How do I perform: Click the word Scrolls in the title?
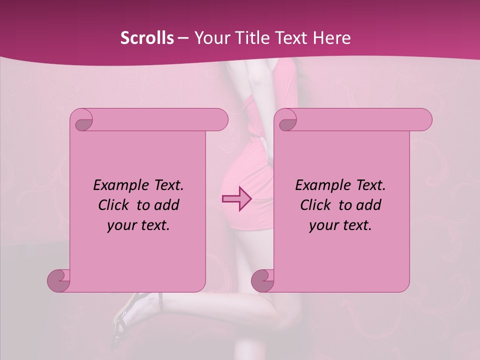[x=147, y=38]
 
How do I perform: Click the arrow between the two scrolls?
[x=236, y=199]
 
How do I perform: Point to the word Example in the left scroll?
[x=118, y=185]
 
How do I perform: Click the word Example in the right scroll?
[x=320, y=185]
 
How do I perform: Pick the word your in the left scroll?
[x=120, y=225]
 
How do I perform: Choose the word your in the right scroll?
[x=322, y=225]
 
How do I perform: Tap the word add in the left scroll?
[x=167, y=205]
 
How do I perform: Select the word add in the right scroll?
[x=369, y=205]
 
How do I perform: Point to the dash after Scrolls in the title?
[x=183, y=38]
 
